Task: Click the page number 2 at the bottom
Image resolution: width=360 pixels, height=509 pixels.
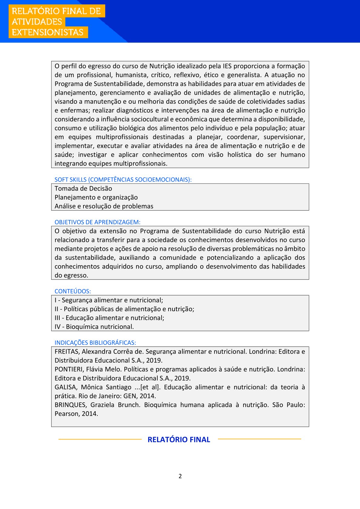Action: (180, 476)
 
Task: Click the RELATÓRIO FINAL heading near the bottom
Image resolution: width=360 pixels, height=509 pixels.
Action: (179, 439)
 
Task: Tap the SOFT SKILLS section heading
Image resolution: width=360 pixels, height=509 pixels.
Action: (123, 180)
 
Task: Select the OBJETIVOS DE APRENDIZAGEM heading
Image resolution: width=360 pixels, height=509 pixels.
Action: (97, 222)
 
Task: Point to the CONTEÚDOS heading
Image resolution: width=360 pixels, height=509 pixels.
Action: (73, 291)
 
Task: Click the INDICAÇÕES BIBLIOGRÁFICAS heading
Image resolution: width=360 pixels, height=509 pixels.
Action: (95, 343)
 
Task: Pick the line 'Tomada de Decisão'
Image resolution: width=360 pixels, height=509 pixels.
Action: (83, 188)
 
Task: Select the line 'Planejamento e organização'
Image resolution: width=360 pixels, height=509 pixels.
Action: (96, 197)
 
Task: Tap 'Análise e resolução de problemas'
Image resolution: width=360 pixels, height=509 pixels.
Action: (104, 206)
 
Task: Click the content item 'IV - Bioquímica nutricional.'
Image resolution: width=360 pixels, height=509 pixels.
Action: (94, 327)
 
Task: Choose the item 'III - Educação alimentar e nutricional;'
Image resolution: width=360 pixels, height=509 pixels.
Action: (109, 318)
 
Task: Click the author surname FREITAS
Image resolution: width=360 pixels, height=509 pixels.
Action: (67, 351)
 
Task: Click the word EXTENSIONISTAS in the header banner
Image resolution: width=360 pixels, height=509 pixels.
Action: (47, 32)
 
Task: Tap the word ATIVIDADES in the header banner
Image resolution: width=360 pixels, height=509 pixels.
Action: (37, 22)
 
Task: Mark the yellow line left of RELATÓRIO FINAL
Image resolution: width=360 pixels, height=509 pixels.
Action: (100, 439)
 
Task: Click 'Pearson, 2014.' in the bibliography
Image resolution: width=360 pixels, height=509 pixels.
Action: (76, 414)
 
